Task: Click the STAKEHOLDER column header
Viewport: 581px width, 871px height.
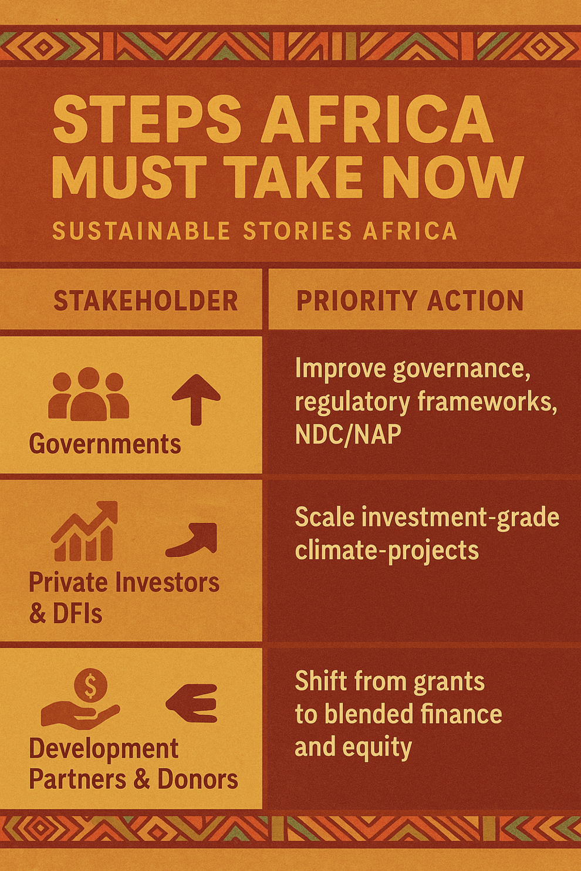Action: pyautogui.click(x=146, y=301)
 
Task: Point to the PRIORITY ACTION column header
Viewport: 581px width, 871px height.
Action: pyautogui.click(x=410, y=301)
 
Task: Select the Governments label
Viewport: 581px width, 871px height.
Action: pyautogui.click(x=104, y=444)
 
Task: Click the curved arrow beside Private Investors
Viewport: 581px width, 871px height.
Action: pyautogui.click(x=192, y=539)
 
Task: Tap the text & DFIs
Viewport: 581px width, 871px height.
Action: pyautogui.click(x=65, y=614)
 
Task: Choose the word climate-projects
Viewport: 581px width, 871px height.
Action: pyautogui.click(x=387, y=551)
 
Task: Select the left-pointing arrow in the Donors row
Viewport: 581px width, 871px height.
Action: pyautogui.click(x=192, y=703)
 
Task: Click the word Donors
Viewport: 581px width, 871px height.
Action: pyautogui.click(x=198, y=779)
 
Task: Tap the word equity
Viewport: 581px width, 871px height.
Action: pyautogui.click(x=378, y=747)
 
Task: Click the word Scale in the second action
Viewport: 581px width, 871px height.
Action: pyautogui.click(x=324, y=518)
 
